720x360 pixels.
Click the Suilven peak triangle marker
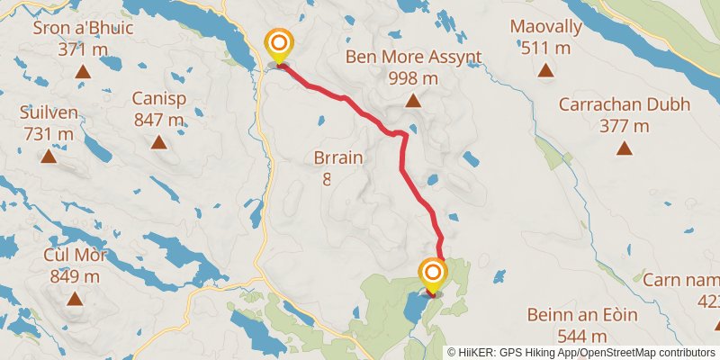click(49, 157)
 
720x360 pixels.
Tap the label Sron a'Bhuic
click(83, 28)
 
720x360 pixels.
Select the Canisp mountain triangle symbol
click(158, 141)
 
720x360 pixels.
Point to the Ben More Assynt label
click(414, 58)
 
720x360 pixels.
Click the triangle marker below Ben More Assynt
click(413, 101)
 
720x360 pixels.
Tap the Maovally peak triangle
click(544, 69)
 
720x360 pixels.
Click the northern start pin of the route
click(279, 44)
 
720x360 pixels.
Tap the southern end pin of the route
click(434, 274)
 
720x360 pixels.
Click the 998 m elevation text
click(413, 78)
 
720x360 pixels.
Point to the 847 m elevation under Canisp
click(158, 119)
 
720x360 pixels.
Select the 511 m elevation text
click(545, 47)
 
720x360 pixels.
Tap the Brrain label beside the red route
click(338, 159)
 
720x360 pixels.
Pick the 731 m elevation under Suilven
click(48, 134)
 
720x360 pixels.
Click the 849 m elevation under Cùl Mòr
click(75, 276)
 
